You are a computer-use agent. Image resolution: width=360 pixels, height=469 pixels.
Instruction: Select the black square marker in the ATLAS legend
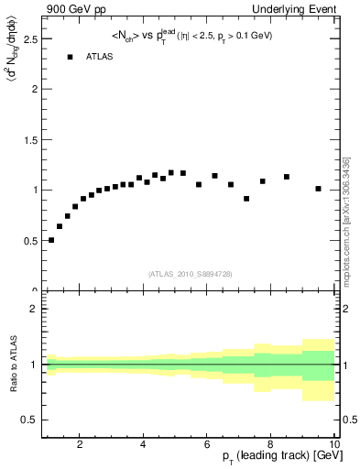pyautogui.click(x=70, y=57)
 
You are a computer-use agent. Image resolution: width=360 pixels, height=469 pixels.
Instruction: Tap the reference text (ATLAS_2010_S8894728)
pyautogui.click(x=191, y=274)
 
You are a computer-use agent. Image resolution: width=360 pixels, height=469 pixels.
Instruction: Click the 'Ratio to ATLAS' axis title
pyautogui.click(x=12, y=365)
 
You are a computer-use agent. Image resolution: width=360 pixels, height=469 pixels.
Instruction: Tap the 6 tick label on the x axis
pyautogui.click(x=207, y=444)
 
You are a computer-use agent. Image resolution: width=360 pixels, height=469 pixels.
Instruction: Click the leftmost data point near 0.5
pyautogui.click(x=51, y=240)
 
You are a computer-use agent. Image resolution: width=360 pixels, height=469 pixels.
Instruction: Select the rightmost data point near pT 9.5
pyautogui.click(x=318, y=189)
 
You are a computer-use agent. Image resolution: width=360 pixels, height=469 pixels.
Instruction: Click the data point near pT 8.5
pyautogui.click(x=287, y=177)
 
